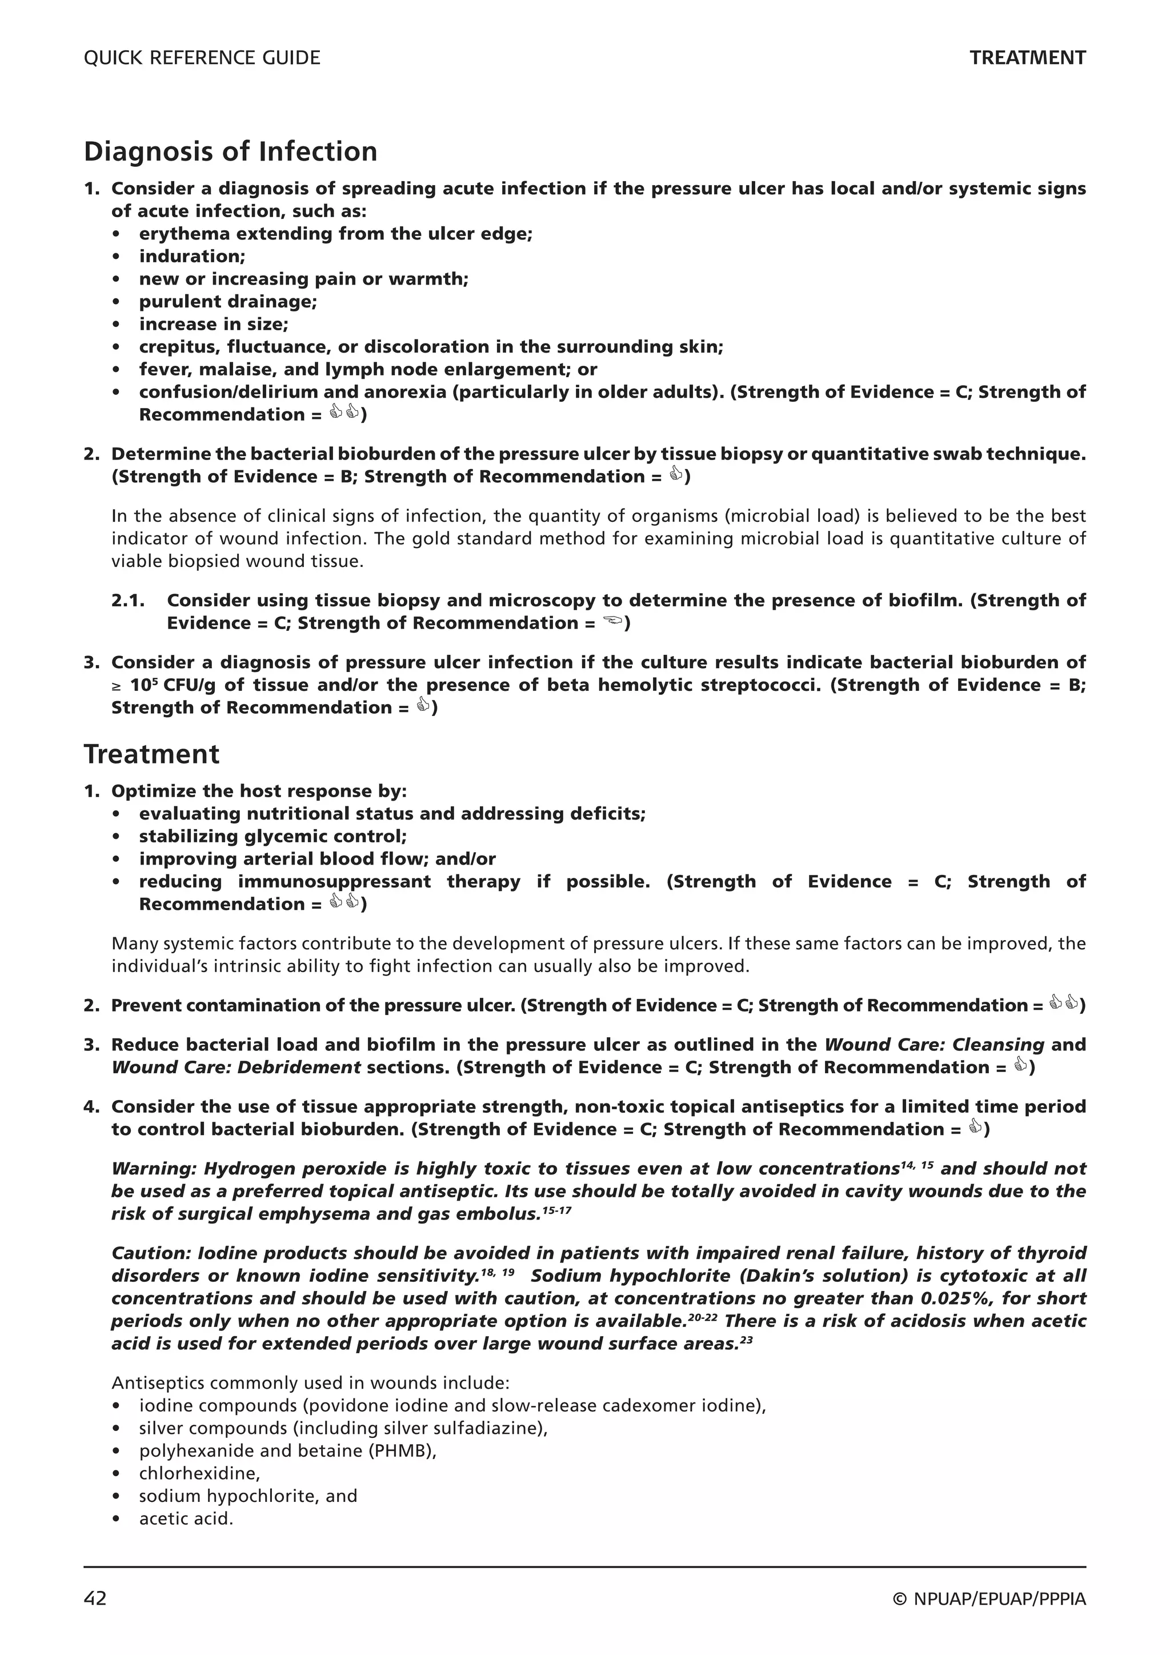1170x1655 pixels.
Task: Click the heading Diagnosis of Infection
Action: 231,152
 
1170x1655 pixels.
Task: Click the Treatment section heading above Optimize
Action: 151,755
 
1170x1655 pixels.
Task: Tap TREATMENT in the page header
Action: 1027,58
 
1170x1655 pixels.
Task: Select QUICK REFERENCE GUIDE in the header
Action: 202,58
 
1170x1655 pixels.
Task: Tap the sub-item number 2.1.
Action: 128,601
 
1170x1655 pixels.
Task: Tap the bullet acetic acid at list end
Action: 186,1519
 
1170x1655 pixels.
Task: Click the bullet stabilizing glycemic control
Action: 273,836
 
